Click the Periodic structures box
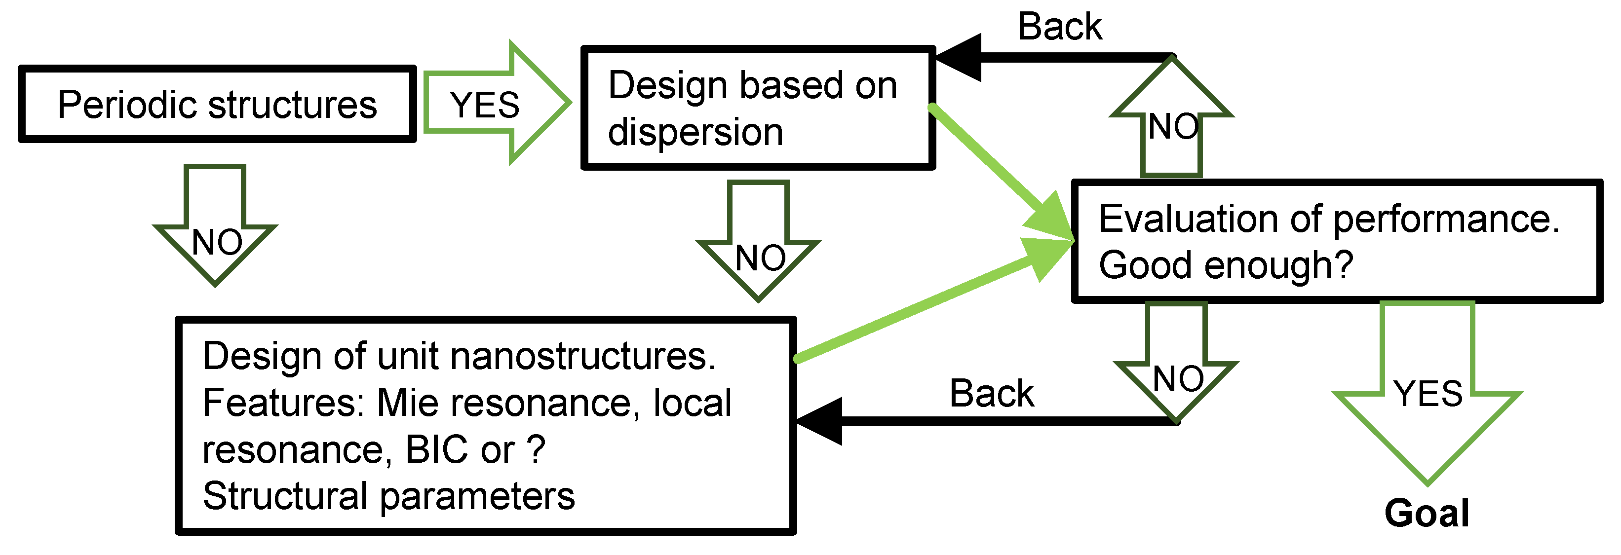[217, 104]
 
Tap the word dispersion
[695, 133]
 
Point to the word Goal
[1427, 513]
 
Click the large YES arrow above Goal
[1427, 390]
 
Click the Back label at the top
[1060, 27]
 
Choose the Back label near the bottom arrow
[991, 394]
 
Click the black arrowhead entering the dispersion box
[960, 58]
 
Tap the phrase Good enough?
[1226, 265]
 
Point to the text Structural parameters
[388, 496]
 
